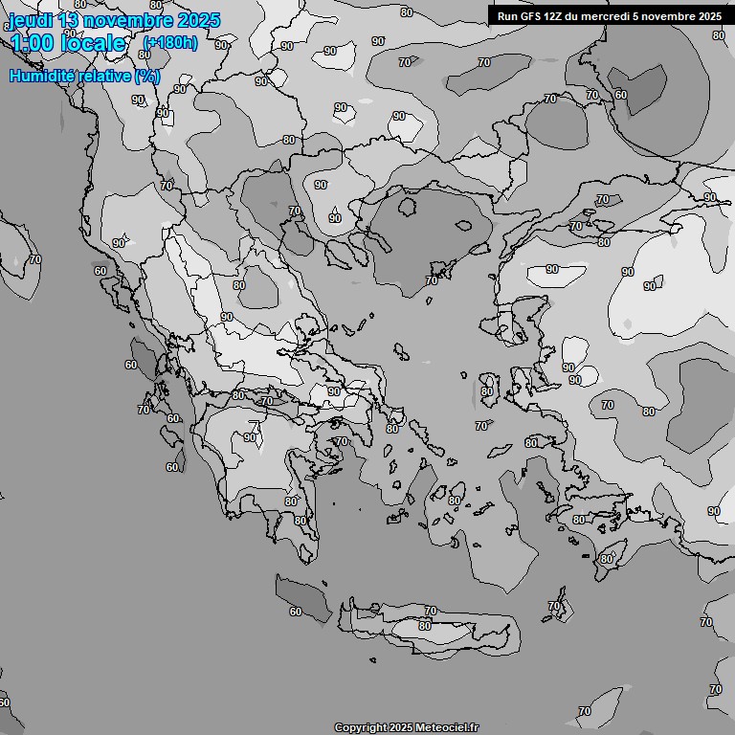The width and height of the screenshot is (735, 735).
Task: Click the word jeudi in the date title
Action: point(31,20)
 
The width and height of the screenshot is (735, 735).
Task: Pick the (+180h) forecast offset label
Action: point(169,43)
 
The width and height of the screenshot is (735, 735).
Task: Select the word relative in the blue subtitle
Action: point(104,76)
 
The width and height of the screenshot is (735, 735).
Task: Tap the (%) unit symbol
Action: point(146,76)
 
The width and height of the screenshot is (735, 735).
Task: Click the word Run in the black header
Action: point(507,16)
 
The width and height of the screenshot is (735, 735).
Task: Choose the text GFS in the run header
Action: point(530,16)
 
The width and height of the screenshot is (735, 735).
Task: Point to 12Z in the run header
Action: point(554,16)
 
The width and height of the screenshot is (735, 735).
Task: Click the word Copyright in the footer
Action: point(360,727)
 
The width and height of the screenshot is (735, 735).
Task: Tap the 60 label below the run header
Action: point(620,95)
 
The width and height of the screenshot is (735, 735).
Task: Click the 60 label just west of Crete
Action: point(295,612)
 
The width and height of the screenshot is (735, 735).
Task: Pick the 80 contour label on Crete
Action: point(425,626)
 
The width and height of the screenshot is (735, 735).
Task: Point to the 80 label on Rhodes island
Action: point(606,559)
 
